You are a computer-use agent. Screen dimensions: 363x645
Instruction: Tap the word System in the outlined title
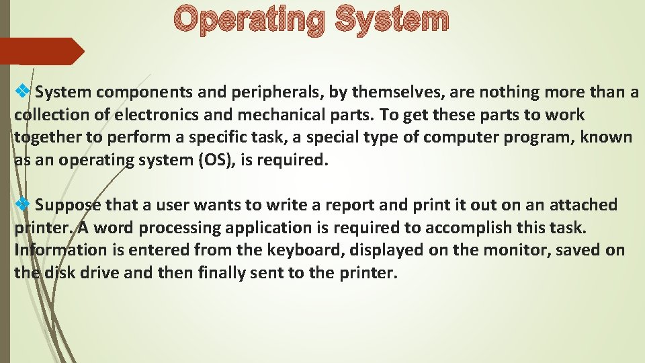pyautogui.click(x=390, y=20)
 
